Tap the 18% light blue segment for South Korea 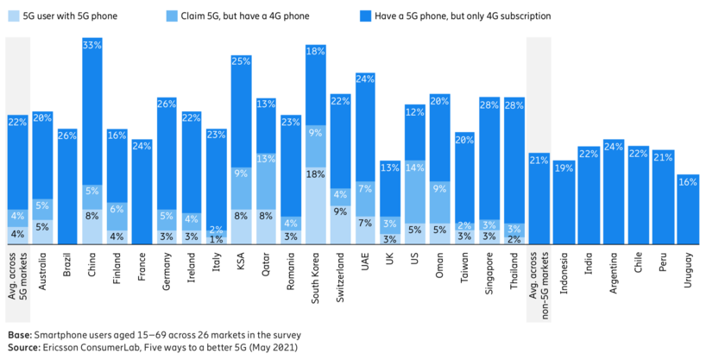[x=316, y=205]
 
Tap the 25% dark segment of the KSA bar [x=242, y=112]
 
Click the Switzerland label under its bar [x=341, y=279]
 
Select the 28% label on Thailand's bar [x=515, y=104]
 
